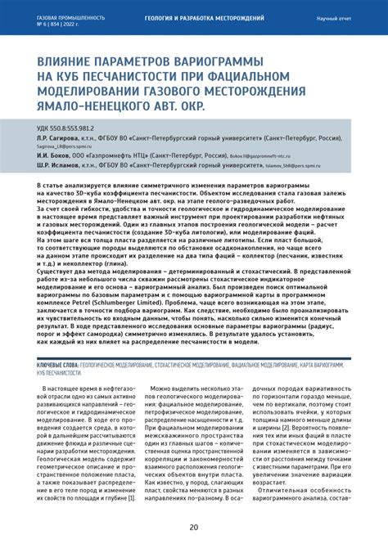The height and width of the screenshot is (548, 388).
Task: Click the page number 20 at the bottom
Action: (193, 528)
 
